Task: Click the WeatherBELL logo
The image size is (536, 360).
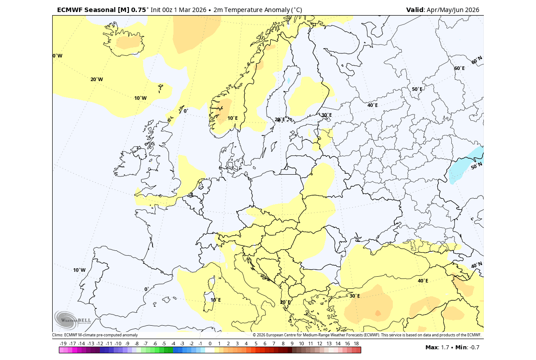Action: (73, 319)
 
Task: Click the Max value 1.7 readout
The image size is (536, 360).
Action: (437, 348)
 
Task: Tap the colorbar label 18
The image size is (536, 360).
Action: (356, 344)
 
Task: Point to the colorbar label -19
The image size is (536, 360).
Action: (63, 344)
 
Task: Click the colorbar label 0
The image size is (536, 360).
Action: (210, 344)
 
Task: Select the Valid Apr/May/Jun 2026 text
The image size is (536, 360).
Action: (442, 9)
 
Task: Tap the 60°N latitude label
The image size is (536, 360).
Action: (477, 60)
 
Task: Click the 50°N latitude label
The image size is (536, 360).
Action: (477, 166)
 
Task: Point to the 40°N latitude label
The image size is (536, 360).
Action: (477, 266)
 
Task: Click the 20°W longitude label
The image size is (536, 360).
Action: (96, 80)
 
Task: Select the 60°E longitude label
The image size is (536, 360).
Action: (459, 68)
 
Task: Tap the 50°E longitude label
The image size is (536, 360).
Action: (417, 89)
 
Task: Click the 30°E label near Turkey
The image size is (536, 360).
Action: (355, 296)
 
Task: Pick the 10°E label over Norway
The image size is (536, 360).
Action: (232, 118)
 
